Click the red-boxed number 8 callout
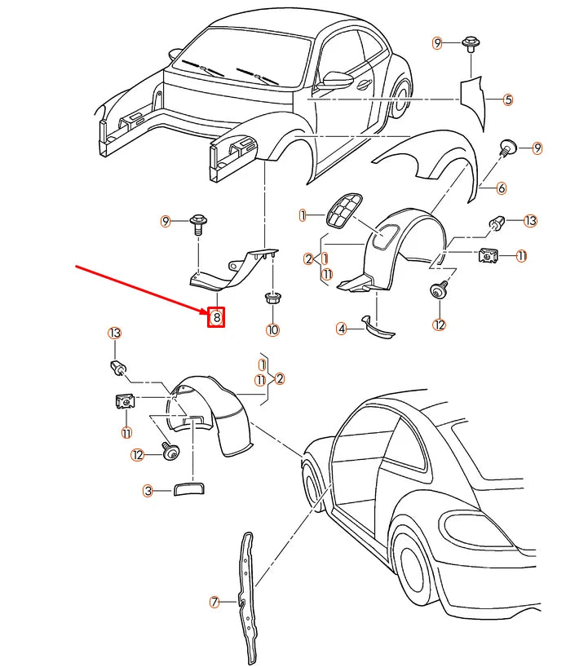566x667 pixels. pos(216,316)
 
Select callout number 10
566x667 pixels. pos(272,329)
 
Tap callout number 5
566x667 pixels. pos(507,100)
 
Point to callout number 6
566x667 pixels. pos(501,188)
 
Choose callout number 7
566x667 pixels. pos(214,603)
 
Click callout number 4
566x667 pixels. pos(342,329)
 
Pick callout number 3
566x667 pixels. pos(148,491)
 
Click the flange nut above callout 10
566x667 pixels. pos(272,298)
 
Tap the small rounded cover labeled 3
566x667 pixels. pos(188,488)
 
